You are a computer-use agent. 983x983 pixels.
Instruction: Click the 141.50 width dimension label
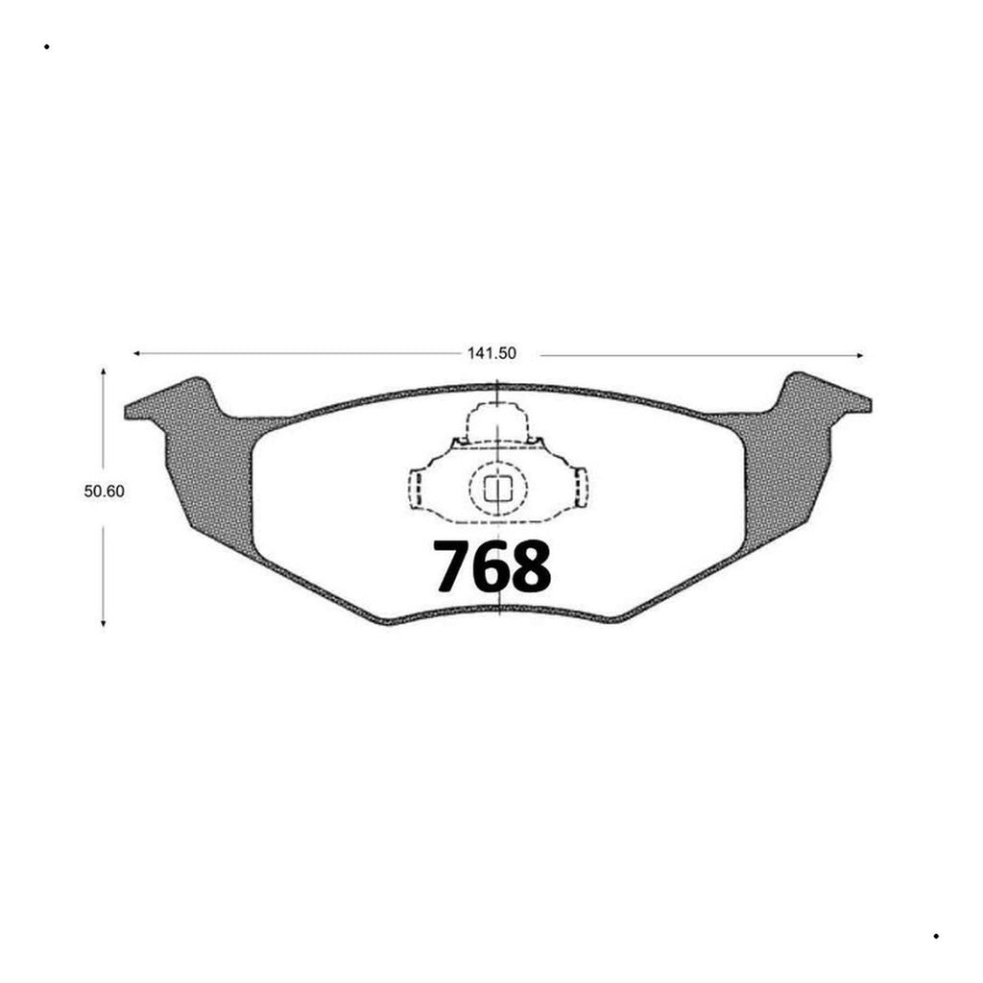click(491, 353)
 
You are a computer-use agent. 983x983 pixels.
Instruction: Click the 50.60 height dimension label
click(104, 491)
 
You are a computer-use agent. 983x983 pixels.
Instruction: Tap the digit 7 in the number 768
click(453, 565)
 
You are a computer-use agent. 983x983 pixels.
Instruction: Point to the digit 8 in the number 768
click(532, 565)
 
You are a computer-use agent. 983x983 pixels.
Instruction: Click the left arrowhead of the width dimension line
click(136, 353)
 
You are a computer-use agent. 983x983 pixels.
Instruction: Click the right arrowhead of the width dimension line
click(860, 355)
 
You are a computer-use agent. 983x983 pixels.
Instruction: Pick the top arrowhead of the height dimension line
click(104, 372)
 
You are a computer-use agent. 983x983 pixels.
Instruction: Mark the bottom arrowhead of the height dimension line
click(104, 622)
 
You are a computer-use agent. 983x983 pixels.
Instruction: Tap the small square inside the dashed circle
click(498, 489)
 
